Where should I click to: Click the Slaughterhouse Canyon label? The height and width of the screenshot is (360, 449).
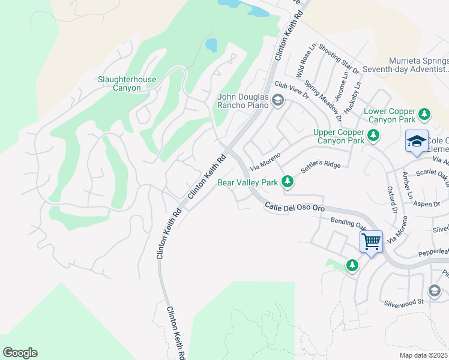(127, 83)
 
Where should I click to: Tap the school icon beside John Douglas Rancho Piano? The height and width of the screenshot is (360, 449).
(277, 100)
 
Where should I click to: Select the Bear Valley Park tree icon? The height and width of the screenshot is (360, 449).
(288, 181)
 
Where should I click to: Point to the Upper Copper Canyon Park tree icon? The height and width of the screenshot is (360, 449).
(373, 136)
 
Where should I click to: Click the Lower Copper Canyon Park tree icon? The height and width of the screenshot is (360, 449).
(424, 114)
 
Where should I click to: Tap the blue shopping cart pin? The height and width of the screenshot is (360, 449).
(372, 242)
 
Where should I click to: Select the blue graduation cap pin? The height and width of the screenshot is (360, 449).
(417, 142)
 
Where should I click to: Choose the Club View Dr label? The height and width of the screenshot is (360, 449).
(291, 91)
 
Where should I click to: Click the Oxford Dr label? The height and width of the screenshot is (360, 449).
(394, 200)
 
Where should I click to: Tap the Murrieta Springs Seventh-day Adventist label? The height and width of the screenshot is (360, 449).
(418, 67)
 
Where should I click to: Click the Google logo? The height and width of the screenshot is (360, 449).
(20, 352)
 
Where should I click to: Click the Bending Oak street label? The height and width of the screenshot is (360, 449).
(348, 223)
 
